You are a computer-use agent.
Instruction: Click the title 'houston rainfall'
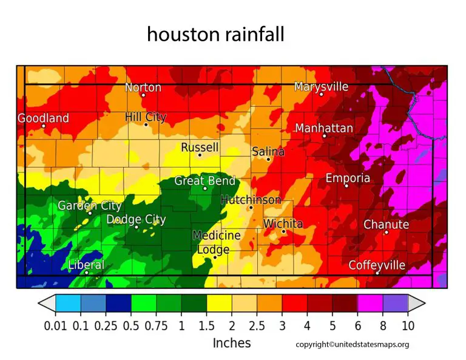tap(215, 35)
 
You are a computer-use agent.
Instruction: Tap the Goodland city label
tap(43, 118)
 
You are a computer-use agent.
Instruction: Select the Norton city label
tap(143, 87)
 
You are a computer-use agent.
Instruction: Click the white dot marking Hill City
tap(146, 125)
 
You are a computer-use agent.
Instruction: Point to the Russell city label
tap(200, 148)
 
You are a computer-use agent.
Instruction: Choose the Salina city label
tap(268, 152)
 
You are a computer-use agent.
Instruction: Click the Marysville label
tap(321, 87)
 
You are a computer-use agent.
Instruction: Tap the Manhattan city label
tap(324, 128)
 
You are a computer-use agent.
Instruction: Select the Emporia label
tap(348, 178)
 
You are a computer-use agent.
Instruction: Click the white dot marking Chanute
tap(386, 232)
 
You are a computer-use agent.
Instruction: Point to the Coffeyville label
tap(377, 265)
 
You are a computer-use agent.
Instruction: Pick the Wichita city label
tap(283, 224)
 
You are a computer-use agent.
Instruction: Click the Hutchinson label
tap(251, 200)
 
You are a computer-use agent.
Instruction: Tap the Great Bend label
tap(204, 181)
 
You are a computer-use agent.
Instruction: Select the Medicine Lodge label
tap(216, 242)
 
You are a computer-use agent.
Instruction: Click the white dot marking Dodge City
tap(137, 227)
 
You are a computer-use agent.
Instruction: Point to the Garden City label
tap(90, 206)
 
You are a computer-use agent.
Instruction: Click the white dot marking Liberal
tap(87, 273)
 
